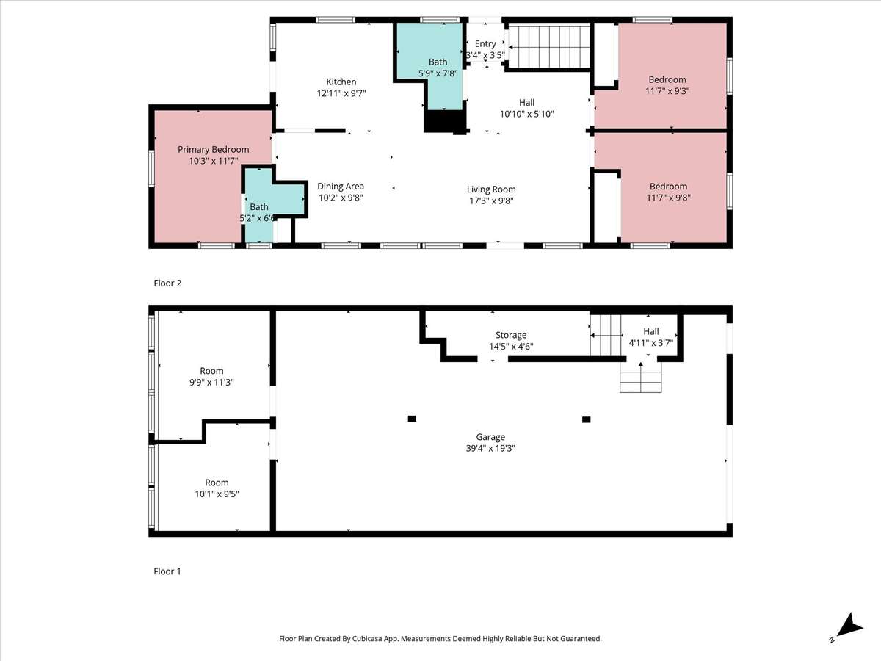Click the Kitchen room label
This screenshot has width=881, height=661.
point(341,82)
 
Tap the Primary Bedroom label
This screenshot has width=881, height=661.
point(213,150)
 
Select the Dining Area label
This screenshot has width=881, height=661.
point(341,187)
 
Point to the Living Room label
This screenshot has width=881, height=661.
point(491,189)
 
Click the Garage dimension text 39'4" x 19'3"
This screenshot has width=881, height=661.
point(490,448)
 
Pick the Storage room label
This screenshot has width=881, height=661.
point(511,335)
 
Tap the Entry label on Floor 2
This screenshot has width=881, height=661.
point(485,44)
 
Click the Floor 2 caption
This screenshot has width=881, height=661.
point(167,283)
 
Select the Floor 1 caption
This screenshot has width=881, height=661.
point(167,571)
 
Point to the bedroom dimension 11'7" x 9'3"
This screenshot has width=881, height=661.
point(667,91)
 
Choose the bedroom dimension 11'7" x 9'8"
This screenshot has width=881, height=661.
point(668,198)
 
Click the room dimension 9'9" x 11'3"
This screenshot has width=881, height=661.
point(211,383)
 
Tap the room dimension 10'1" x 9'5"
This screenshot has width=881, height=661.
point(217,494)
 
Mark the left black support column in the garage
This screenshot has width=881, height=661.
point(412,419)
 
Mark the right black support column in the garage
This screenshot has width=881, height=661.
point(587,419)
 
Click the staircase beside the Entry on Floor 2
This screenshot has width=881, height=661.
point(548,46)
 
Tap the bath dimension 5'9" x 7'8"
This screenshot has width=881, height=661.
point(438,73)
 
